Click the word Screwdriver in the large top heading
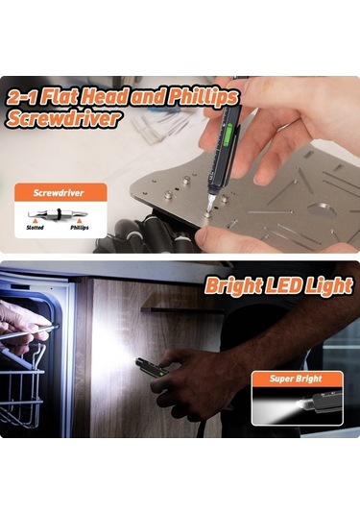[64, 119]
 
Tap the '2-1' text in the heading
[24, 98]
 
